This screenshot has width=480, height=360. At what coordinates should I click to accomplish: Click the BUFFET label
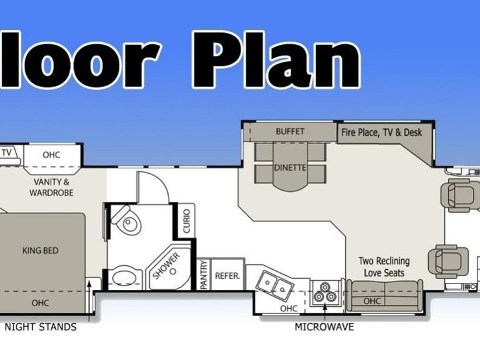point(290,132)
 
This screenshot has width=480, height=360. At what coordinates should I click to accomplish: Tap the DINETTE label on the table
point(290,168)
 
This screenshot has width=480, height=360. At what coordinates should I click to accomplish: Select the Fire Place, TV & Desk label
point(381,132)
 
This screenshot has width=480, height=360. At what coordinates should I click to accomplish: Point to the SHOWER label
point(166,266)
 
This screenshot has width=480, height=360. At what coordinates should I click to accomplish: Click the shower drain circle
point(173,271)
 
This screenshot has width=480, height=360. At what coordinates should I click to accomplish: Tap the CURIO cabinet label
point(186,221)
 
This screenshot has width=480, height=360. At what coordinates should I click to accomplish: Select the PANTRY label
point(204,275)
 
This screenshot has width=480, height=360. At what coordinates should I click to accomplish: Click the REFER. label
point(228,276)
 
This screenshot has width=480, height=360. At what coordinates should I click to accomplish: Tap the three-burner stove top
point(325,293)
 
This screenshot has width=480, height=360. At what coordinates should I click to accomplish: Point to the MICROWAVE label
point(324,327)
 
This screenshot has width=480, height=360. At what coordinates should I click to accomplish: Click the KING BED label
point(40,251)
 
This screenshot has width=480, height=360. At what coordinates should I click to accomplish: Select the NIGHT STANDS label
point(40,327)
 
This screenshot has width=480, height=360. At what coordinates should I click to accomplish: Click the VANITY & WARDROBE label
point(51,187)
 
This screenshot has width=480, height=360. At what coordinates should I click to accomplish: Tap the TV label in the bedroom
point(6,152)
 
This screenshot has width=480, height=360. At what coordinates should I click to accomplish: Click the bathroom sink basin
point(125,278)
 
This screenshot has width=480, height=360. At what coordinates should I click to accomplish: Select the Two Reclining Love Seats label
point(384,267)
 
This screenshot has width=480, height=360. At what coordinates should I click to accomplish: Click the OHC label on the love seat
point(372,301)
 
